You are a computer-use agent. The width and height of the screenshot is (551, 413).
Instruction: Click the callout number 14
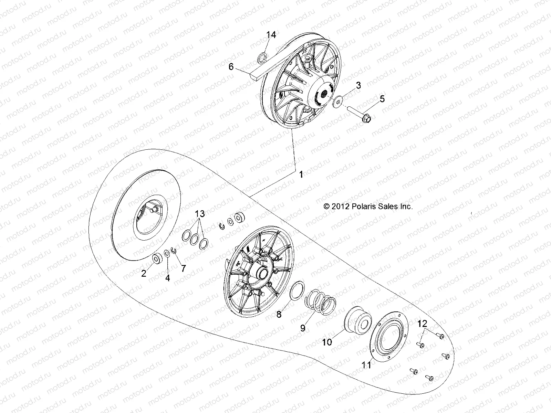pos(271,34)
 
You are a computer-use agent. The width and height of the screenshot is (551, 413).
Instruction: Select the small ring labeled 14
pos(262,57)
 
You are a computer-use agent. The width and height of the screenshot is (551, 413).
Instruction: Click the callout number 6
pos(231,67)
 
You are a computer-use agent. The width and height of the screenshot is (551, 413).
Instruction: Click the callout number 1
pos(301,175)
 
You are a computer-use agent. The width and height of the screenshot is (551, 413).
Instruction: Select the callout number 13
pos(200,214)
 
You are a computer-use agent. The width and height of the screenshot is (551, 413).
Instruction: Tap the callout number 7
pos(183,268)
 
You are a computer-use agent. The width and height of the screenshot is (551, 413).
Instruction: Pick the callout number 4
pos(168,278)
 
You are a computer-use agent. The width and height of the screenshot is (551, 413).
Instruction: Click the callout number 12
pos(422,324)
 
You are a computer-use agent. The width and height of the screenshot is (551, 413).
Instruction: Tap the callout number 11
pos(367,364)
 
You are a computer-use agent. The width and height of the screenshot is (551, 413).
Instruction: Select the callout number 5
pos(382,99)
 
